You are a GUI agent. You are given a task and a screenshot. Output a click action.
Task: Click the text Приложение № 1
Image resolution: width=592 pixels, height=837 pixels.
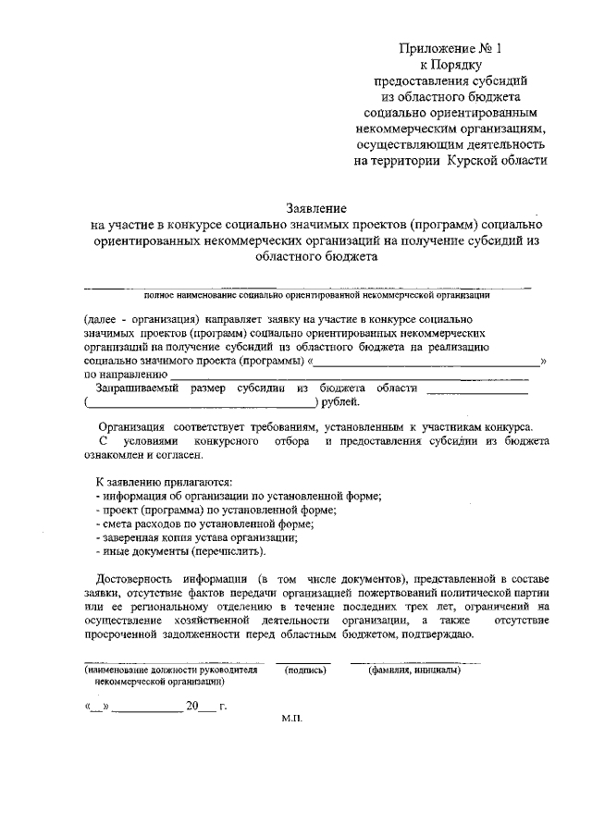point(451,46)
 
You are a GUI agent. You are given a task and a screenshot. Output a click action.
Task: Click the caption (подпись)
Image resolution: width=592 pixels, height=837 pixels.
point(306,671)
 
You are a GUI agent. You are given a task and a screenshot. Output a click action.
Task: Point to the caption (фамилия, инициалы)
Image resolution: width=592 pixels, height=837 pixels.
point(414,671)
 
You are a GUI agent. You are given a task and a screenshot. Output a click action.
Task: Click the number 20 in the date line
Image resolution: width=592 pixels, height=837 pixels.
point(192,707)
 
